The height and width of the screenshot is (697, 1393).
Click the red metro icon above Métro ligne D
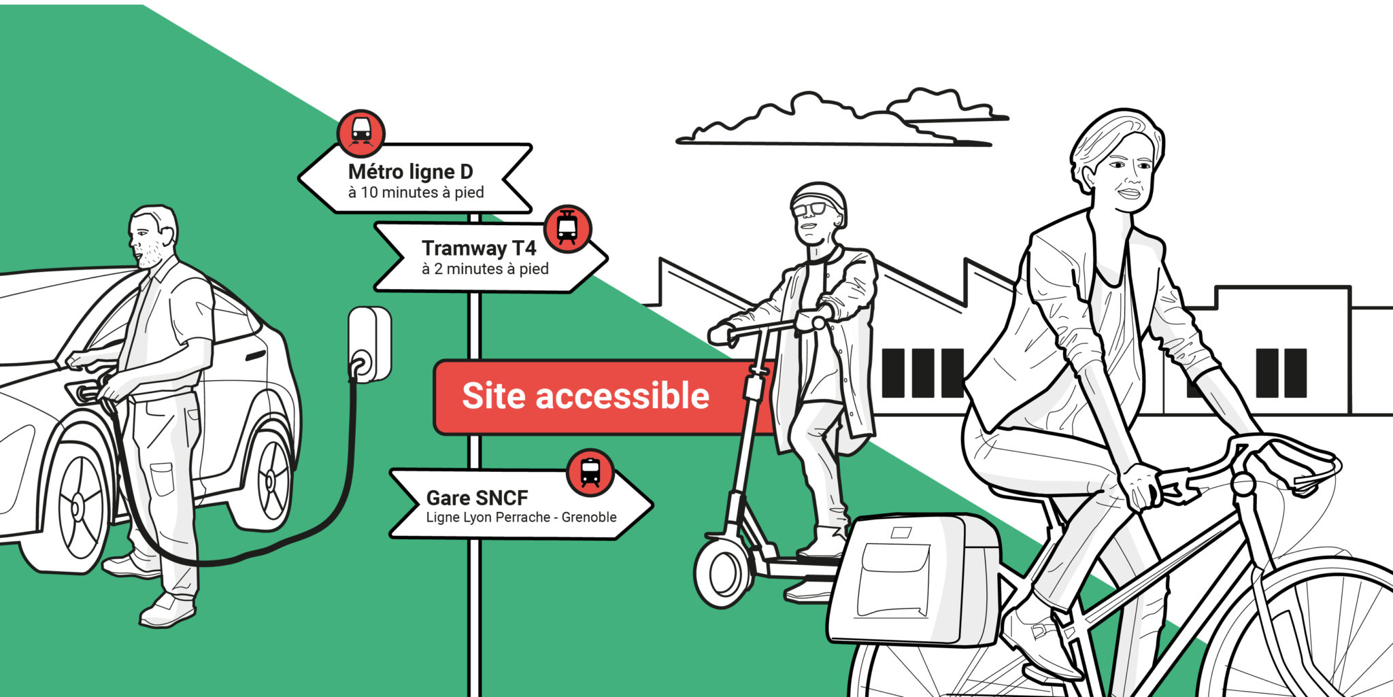361,131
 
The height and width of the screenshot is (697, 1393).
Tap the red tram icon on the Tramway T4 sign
567,228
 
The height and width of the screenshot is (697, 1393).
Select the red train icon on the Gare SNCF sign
590,471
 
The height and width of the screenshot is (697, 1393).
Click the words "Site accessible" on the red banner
586,396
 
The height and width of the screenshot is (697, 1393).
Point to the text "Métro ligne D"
410,171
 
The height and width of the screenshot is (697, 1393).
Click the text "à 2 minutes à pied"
485,269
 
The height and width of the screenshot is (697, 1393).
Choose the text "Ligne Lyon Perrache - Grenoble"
521,517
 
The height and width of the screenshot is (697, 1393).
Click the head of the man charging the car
152,235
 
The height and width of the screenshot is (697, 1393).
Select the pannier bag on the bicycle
913,579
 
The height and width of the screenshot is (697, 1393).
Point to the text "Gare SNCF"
477,498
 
